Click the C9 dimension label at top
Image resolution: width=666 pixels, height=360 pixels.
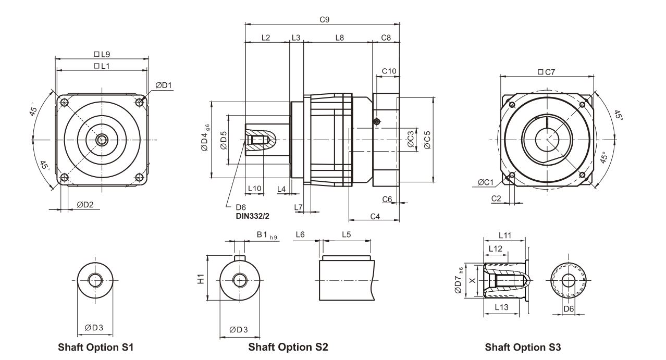[x=324, y=19]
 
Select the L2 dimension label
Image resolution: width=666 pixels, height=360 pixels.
[x=266, y=38]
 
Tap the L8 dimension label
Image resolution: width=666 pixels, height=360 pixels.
[x=339, y=38]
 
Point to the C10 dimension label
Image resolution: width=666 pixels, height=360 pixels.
[x=389, y=70]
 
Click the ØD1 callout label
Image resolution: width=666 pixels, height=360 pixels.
[x=164, y=85]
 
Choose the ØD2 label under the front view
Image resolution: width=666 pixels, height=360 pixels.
[x=85, y=204]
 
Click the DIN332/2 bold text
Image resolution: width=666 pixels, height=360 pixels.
[x=256, y=214]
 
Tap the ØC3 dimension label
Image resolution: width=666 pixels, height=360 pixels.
[x=411, y=140]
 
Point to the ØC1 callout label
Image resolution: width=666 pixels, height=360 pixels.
[x=485, y=182]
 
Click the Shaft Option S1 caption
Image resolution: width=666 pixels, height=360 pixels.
[x=96, y=346]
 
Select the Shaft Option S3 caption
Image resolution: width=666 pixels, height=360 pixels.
[x=523, y=347]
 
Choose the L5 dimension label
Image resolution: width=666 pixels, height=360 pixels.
[x=347, y=234]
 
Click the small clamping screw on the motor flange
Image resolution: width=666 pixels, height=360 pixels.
[x=377, y=122]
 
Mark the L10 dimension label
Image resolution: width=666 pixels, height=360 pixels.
[x=254, y=188]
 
